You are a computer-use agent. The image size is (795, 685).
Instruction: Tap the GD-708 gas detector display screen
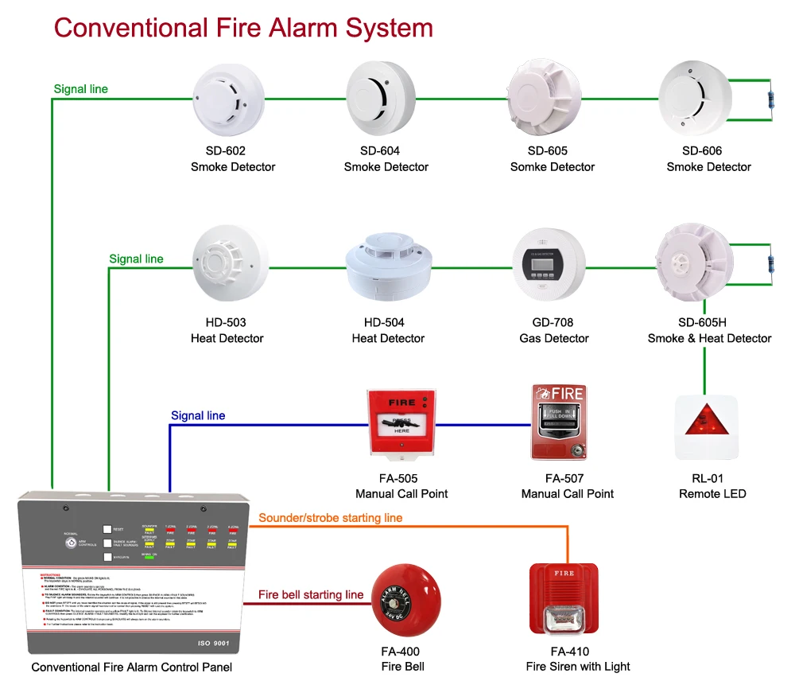(x=550, y=264)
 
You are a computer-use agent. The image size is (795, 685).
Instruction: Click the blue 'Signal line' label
(x=198, y=415)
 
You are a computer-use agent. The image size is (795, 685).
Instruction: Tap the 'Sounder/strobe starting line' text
(x=331, y=518)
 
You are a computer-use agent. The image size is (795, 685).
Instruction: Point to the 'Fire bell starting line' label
(x=311, y=594)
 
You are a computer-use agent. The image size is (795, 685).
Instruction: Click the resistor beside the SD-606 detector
(x=770, y=100)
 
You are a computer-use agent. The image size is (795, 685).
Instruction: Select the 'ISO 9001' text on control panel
(x=214, y=641)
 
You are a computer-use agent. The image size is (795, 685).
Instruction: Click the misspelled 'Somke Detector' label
(x=552, y=167)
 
